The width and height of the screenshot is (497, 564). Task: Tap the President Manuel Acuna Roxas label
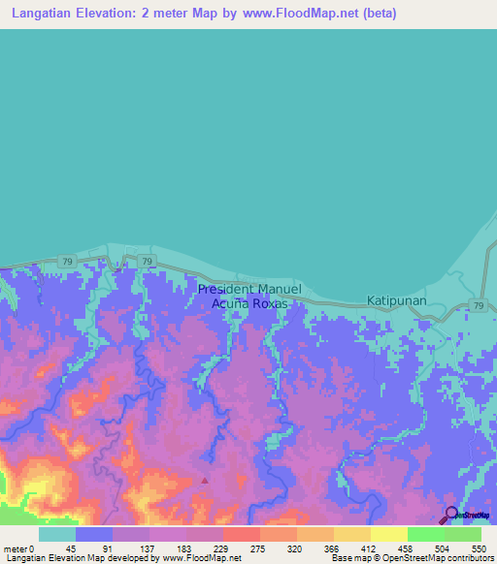click(250, 296)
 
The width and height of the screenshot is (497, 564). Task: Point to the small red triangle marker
click(204, 479)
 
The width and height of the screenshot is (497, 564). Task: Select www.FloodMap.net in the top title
click(282, 15)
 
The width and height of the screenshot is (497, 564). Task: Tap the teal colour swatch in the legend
click(57, 534)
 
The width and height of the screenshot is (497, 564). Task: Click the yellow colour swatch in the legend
click(388, 534)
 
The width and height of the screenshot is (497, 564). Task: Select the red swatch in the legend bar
click(241, 534)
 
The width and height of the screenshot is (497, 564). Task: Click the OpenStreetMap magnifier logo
click(452, 515)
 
